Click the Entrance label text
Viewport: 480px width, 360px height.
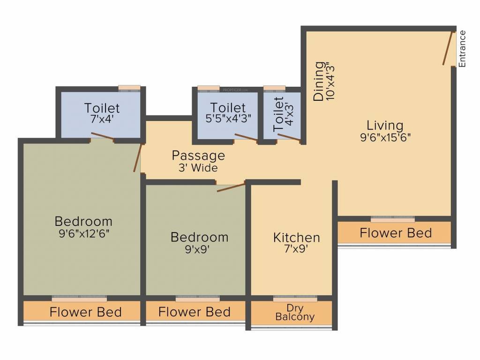point(462,49)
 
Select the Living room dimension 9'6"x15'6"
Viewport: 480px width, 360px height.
point(385,137)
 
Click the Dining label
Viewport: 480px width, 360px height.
point(319,81)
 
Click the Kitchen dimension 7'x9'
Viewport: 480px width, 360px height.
point(296,249)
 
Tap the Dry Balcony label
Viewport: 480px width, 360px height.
point(295,313)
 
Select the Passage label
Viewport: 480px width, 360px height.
point(198,155)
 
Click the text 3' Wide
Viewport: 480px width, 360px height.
point(198,167)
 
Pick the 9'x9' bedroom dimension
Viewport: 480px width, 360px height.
point(199,249)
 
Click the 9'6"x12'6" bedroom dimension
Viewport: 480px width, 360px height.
point(83,232)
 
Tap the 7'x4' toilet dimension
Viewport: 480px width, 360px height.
point(102,119)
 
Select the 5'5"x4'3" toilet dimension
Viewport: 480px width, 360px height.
point(228,119)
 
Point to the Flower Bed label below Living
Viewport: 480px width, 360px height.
point(396,232)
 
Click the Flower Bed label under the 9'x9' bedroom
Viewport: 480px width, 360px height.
point(194,312)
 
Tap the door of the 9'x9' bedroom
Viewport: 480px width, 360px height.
point(231,187)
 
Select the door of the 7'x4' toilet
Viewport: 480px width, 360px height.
point(102,136)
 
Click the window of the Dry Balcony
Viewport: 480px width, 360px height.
point(295,299)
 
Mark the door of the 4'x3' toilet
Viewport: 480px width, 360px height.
point(288,137)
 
